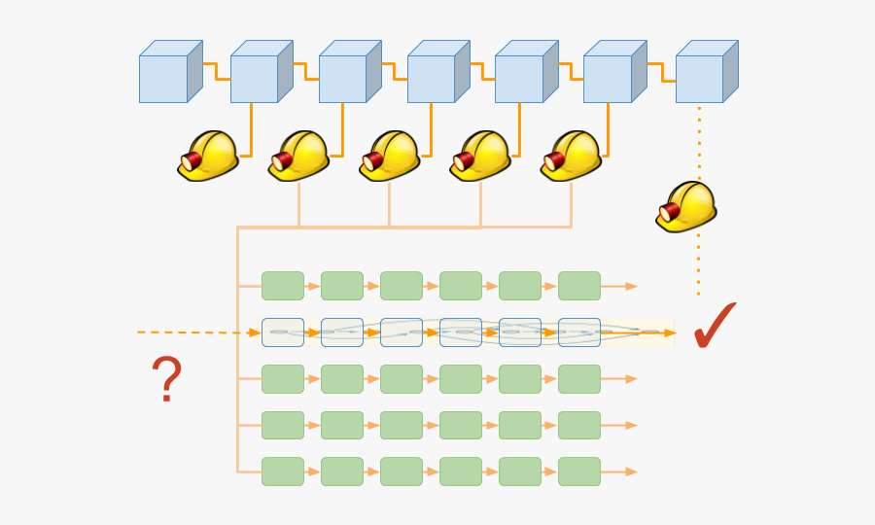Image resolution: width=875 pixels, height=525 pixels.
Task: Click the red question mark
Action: click(166, 379)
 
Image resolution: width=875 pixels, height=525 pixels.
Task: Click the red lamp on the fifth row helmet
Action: click(556, 161)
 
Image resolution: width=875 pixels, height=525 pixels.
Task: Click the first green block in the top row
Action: click(283, 286)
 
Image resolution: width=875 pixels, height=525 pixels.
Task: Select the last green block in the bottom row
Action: click(579, 472)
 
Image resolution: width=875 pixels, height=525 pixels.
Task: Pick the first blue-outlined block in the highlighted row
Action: click(283, 332)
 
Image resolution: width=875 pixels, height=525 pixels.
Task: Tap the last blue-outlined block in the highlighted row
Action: click(579, 332)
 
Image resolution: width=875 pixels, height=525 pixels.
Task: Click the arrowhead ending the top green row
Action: click(632, 286)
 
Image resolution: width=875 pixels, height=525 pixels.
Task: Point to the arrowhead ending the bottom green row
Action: click(632, 472)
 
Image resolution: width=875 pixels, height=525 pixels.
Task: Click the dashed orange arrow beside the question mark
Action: click(194, 332)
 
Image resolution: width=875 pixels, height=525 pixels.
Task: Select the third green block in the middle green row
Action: click(402, 379)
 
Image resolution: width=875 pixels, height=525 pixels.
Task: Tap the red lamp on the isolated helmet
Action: click(669, 212)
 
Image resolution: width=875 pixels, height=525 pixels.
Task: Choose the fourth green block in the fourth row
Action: click(461, 425)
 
